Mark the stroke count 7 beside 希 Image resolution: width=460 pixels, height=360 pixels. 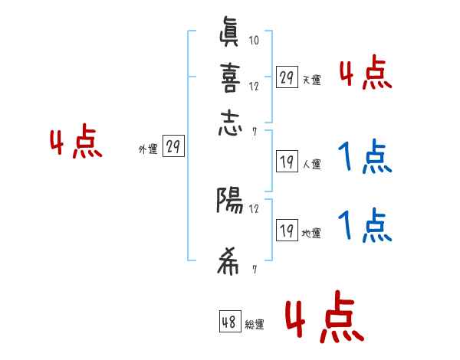[254, 270]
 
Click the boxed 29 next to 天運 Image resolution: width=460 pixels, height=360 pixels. [287, 77]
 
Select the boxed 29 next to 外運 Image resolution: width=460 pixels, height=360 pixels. [173, 147]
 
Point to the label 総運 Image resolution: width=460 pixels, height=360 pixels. [255, 325]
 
